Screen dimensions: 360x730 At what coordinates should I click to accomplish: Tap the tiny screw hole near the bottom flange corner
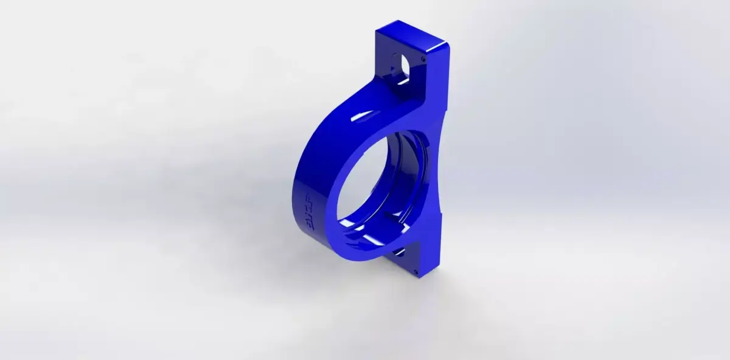(x=414, y=271)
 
